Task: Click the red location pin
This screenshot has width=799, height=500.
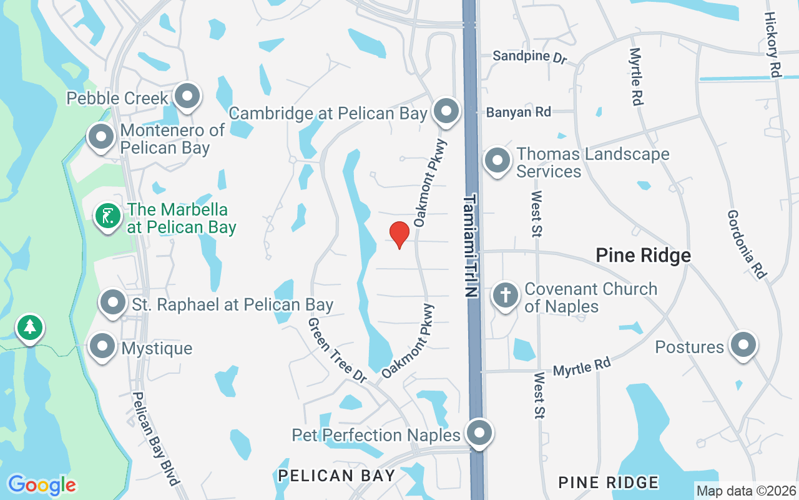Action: coord(399,234)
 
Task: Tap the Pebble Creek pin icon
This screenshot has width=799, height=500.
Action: coord(187,96)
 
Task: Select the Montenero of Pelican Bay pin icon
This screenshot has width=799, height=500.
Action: coord(100,137)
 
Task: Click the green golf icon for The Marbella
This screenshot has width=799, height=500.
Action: coord(107,216)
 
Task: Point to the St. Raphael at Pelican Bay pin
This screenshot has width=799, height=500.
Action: coord(113,302)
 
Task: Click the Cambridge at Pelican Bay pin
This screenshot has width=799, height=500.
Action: coord(446,112)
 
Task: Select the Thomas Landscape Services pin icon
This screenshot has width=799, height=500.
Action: coord(498,161)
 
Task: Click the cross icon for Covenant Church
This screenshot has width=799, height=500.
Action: coord(506,295)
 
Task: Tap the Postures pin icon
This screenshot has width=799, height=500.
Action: coord(743,344)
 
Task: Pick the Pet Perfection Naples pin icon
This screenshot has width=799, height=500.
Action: coord(479,432)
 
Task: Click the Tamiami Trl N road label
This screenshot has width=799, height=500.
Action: coord(471,246)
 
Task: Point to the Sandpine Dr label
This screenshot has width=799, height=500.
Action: coord(529,56)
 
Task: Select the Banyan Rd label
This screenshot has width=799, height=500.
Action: coord(519,112)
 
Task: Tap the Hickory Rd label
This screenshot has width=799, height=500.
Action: coord(773,44)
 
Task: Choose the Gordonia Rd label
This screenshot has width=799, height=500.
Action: coord(747,244)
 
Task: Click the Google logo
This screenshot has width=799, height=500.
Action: coord(42,485)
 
